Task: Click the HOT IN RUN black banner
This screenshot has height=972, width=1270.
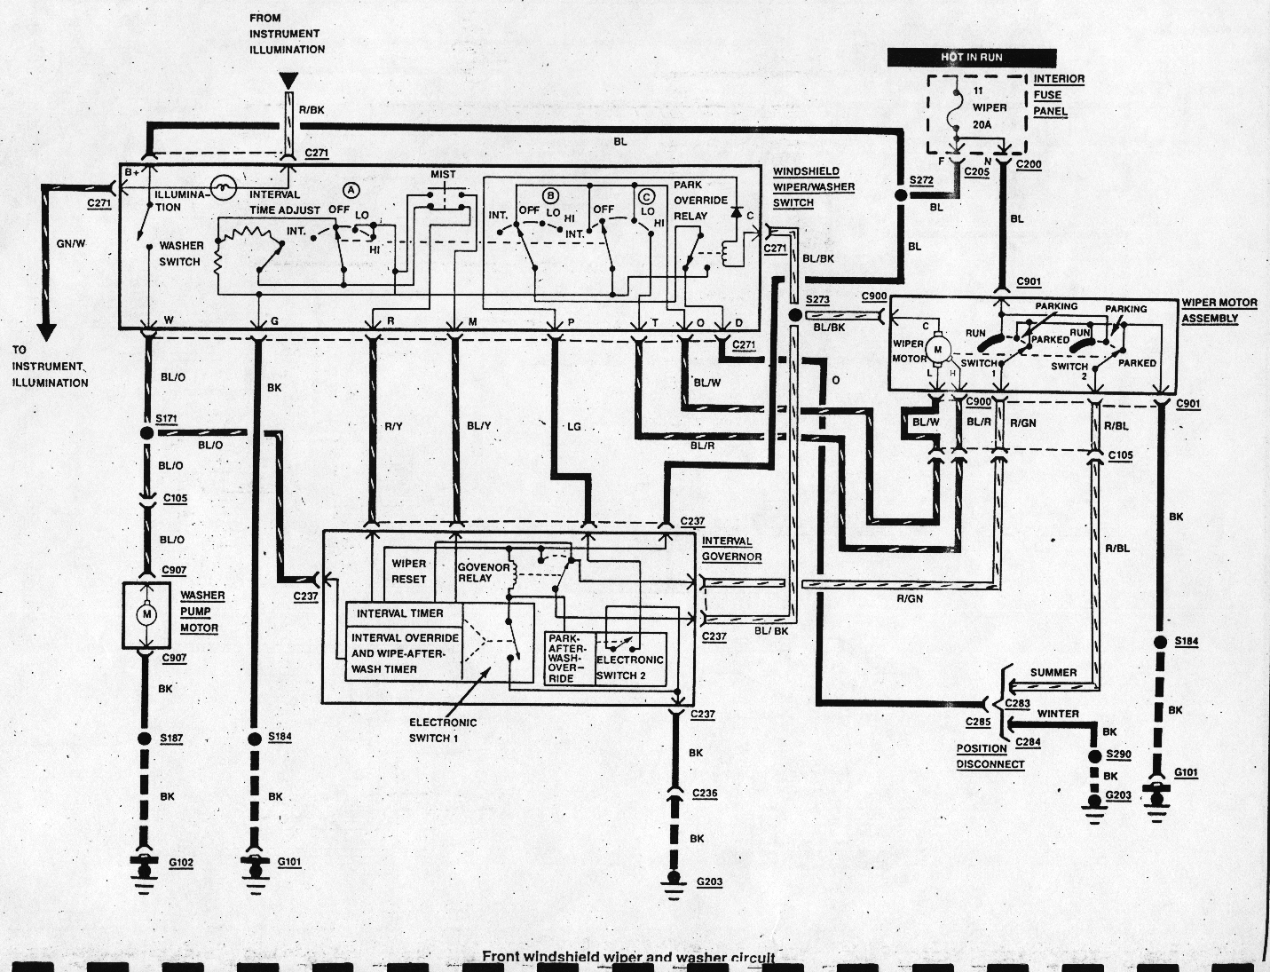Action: [x=971, y=57]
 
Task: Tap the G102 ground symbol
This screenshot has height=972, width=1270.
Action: [x=142, y=868]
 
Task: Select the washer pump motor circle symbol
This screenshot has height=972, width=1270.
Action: [x=147, y=613]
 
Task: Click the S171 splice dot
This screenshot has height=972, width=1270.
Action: [x=146, y=433]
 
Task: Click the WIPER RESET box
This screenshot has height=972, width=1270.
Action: [x=408, y=571]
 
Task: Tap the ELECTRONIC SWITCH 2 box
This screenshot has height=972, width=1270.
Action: [x=630, y=667]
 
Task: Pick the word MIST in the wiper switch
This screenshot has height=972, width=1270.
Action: [x=443, y=175]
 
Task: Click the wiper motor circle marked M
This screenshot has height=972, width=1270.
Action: [x=936, y=351]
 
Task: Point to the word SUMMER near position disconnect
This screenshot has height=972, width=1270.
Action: [x=1053, y=672]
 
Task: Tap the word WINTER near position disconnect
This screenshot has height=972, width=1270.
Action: [x=1058, y=713]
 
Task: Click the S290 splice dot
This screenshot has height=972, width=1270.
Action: [x=1093, y=755]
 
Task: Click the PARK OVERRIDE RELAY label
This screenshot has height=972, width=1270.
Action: [x=700, y=200]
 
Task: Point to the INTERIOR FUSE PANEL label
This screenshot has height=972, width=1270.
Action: [x=1059, y=95]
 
